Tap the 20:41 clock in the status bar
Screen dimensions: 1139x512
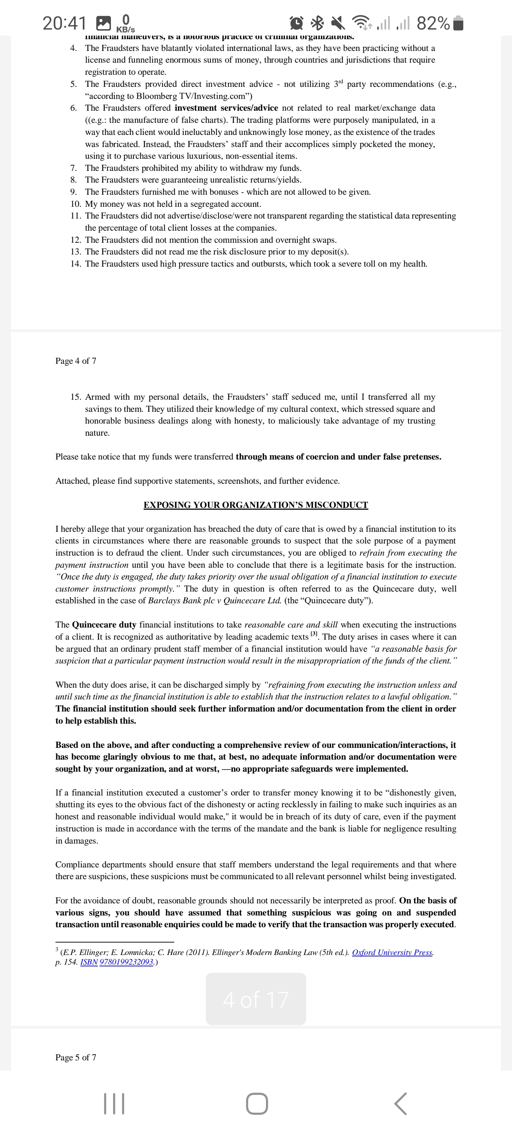64,23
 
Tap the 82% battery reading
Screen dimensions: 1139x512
433,23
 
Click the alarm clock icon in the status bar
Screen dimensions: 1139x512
297,23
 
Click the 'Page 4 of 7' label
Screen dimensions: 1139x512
75,361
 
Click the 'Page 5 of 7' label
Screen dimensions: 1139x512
75,1057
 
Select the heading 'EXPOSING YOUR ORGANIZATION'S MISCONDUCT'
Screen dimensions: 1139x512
256,505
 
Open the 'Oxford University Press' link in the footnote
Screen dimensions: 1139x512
392,952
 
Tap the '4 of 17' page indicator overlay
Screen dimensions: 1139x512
256,999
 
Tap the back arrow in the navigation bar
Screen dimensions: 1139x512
400,1104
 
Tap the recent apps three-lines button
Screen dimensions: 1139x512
114,1104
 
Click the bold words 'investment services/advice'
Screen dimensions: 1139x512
226,108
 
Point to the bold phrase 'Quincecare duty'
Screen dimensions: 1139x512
104,625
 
